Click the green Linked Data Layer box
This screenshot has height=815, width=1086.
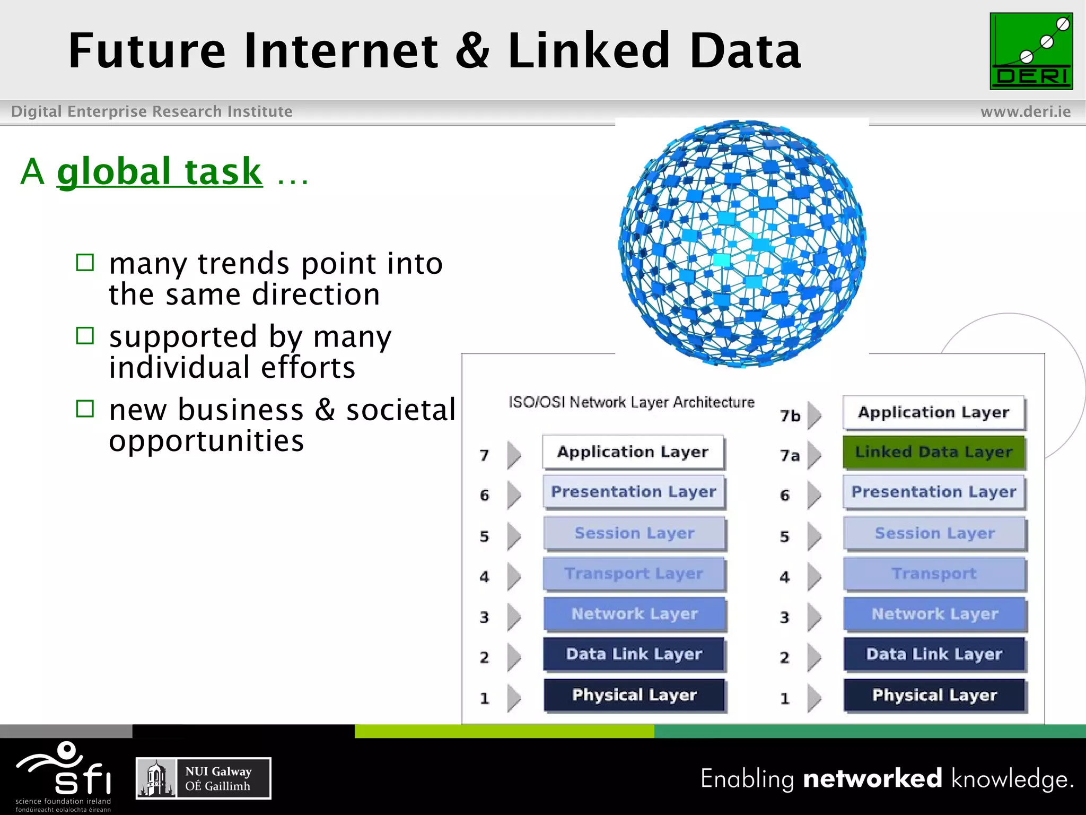point(934,452)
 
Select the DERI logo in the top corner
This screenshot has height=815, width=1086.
point(1031,51)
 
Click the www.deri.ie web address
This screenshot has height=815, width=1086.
point(1025,111)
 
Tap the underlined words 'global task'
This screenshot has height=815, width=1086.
point(160,171)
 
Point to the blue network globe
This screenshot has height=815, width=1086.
point(742,243)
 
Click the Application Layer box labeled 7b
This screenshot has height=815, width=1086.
point(934,412)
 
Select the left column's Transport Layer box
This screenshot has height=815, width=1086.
point(634,574)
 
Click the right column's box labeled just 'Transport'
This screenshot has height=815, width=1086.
point(934,574)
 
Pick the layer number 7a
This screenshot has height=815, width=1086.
point(790,456)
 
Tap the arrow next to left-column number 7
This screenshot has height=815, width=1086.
point(513,455)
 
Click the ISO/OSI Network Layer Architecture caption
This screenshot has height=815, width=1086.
point(631,402)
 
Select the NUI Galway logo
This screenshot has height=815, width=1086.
point(204,778)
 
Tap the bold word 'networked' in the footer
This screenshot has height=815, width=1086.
point(872,778)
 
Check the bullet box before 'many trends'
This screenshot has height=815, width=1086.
point(85,263)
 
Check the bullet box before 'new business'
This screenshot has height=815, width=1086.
point(85,409)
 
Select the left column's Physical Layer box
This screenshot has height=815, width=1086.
point(634,695)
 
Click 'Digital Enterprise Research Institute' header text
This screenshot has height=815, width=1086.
point(152,111)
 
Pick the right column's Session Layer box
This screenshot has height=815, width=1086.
point(934,533)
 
